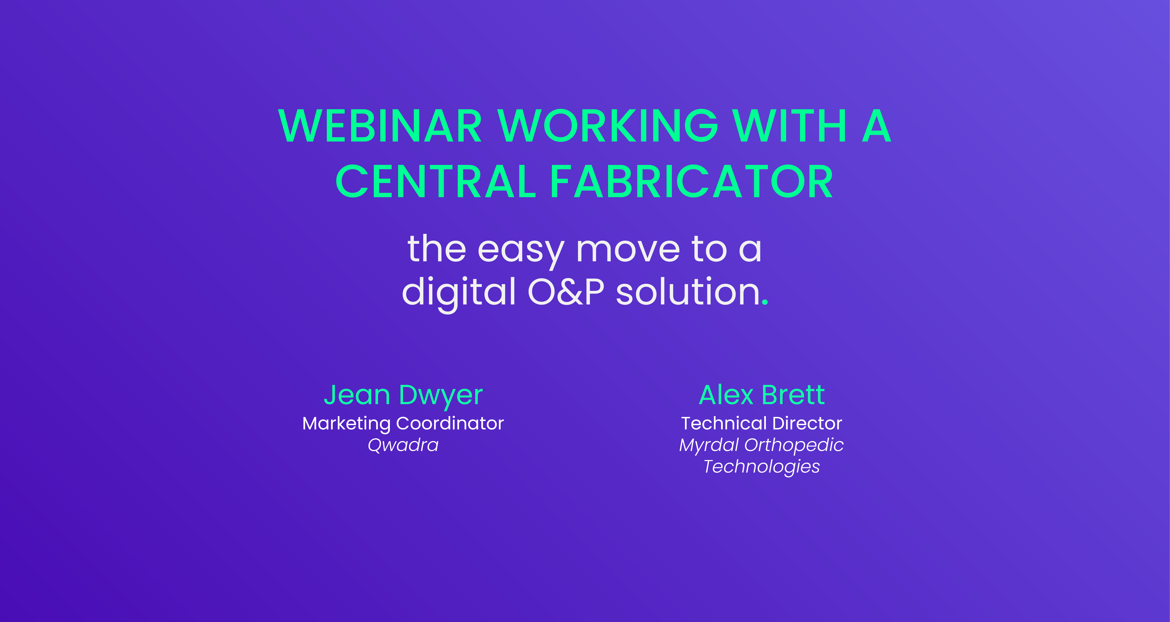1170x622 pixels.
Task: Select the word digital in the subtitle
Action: (x=459, y=292)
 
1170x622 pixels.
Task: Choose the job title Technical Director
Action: (x=762, y=423)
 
